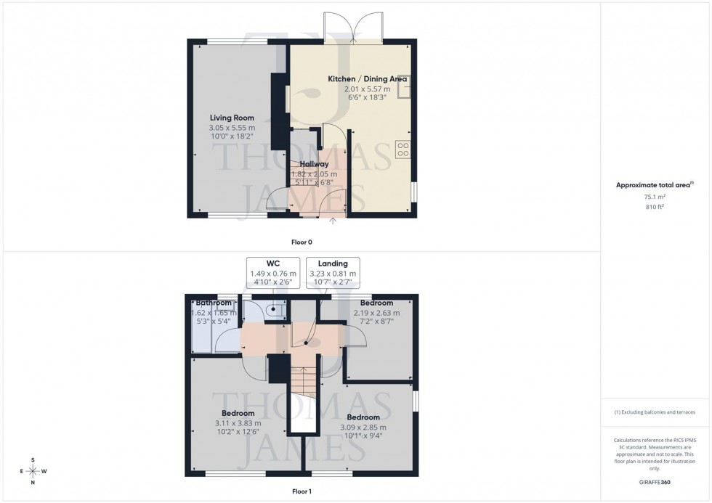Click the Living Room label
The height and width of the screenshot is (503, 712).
[232, 118]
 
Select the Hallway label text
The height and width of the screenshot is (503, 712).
[315, 164]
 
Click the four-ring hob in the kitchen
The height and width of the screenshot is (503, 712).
[402, 150]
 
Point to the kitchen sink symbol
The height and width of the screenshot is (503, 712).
[404, 86]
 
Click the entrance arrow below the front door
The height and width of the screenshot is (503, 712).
[334, 221]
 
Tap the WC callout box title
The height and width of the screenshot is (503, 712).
[272, 263]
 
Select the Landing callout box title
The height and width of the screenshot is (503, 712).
[333, 263]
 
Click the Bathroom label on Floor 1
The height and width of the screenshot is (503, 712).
[213, 303]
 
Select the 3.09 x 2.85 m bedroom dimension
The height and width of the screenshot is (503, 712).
[363, 428]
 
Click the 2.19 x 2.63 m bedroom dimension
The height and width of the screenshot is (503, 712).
[376, 313]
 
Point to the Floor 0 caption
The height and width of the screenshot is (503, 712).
[301, 242]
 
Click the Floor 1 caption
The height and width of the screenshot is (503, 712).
[301, 491]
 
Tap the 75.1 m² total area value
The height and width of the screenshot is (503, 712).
[655, 196]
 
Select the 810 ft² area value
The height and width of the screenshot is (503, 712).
[655, 207]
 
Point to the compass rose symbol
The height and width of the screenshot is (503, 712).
[33, 471]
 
